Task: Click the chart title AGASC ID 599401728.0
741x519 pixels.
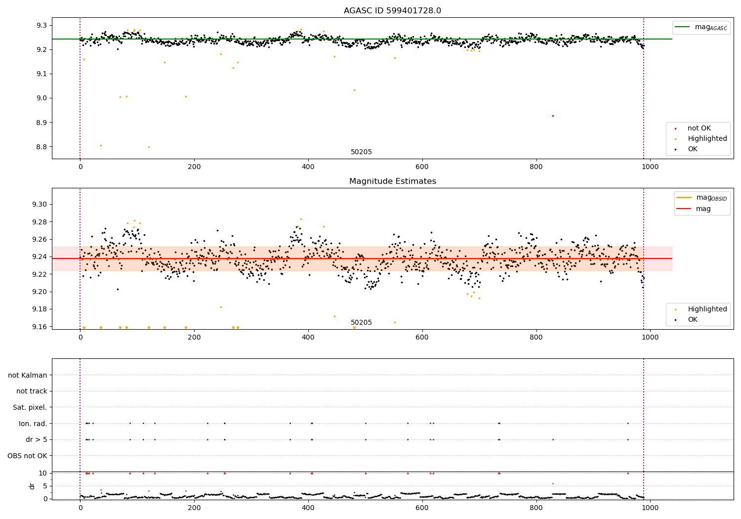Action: [x=392, y=11]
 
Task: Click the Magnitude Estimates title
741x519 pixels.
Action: [x=392, y=181]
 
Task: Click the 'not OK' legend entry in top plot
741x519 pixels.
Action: [x=699, y=129]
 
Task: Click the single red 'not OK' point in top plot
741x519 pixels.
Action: [x=553, y=116]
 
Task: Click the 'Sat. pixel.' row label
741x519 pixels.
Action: [x=30, y=407]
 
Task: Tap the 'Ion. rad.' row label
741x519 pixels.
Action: [x=33, y=424]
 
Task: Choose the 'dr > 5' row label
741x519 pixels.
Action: [x=36, y=439]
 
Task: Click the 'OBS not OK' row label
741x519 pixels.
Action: [x=27, y=456]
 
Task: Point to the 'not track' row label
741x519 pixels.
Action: [x=32, y=391]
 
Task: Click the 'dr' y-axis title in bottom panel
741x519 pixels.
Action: [x=32, y=486]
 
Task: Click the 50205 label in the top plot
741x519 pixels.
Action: [x=361, y=152]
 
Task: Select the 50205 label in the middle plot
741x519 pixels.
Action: [x=361, y=323]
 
